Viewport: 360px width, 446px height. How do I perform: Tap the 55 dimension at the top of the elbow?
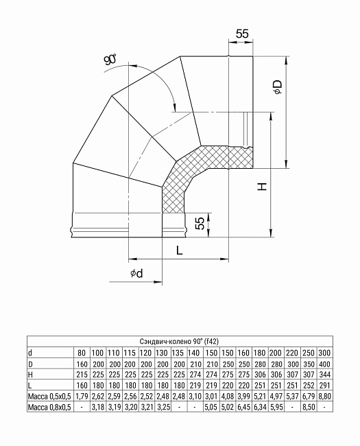[x=241, y=34]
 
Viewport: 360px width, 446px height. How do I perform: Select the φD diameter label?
[x=277, y=87]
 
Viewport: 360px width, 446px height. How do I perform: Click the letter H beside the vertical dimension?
[x=262, y=187]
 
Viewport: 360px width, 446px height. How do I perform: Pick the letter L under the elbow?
[x=178, y=251]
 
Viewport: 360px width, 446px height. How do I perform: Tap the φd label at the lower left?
[x=136, y=274]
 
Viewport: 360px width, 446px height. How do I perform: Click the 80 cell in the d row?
[x=82, y=351]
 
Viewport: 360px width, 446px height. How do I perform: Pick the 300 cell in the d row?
[x=324, y=351]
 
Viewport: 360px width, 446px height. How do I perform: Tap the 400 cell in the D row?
[x=324, y=363]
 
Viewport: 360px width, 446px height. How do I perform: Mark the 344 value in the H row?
[x=324, y=374]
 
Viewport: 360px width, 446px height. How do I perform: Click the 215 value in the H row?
[x=82, y=374]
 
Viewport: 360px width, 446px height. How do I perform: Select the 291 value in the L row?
[x=324, y=386]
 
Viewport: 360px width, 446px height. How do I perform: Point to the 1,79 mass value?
[x=82, y=397]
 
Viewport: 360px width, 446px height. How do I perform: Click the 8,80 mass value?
[x=324, y=397]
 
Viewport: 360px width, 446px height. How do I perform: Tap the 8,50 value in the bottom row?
[x=309, y=408]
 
